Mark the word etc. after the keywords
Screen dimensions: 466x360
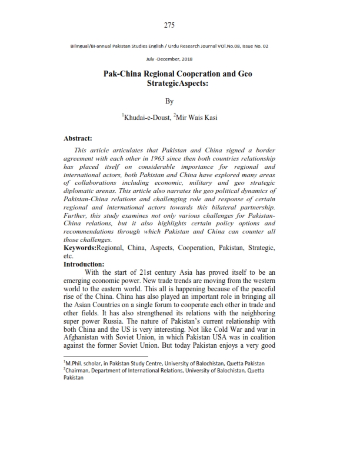[x=69, y=273]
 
